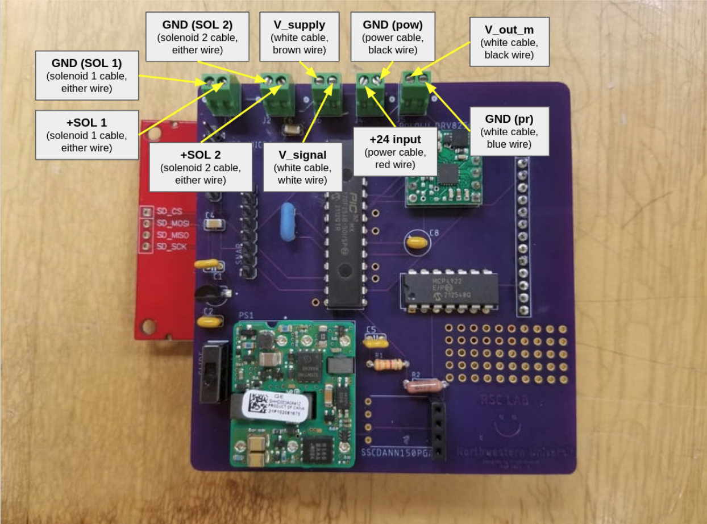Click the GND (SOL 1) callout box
click(x=87, y=75)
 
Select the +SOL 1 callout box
click(x=87, y=135)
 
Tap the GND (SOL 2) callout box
click(x=197, y=36)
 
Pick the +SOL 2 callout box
click(x=201, y=167)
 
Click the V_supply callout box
click(x=299, y=36)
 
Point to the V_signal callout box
click(x=302, y=167)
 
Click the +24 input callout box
click(x=395, y=151)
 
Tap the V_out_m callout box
click(x=509, y=41)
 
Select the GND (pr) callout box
click(x=509, y=131)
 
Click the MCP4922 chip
click(x=449, y=290)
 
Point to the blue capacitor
click(x=290, y=224)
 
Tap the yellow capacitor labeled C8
click(x=417, y=242)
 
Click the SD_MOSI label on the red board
click(x=172, y=223)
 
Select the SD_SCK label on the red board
click(x=171, y=247)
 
